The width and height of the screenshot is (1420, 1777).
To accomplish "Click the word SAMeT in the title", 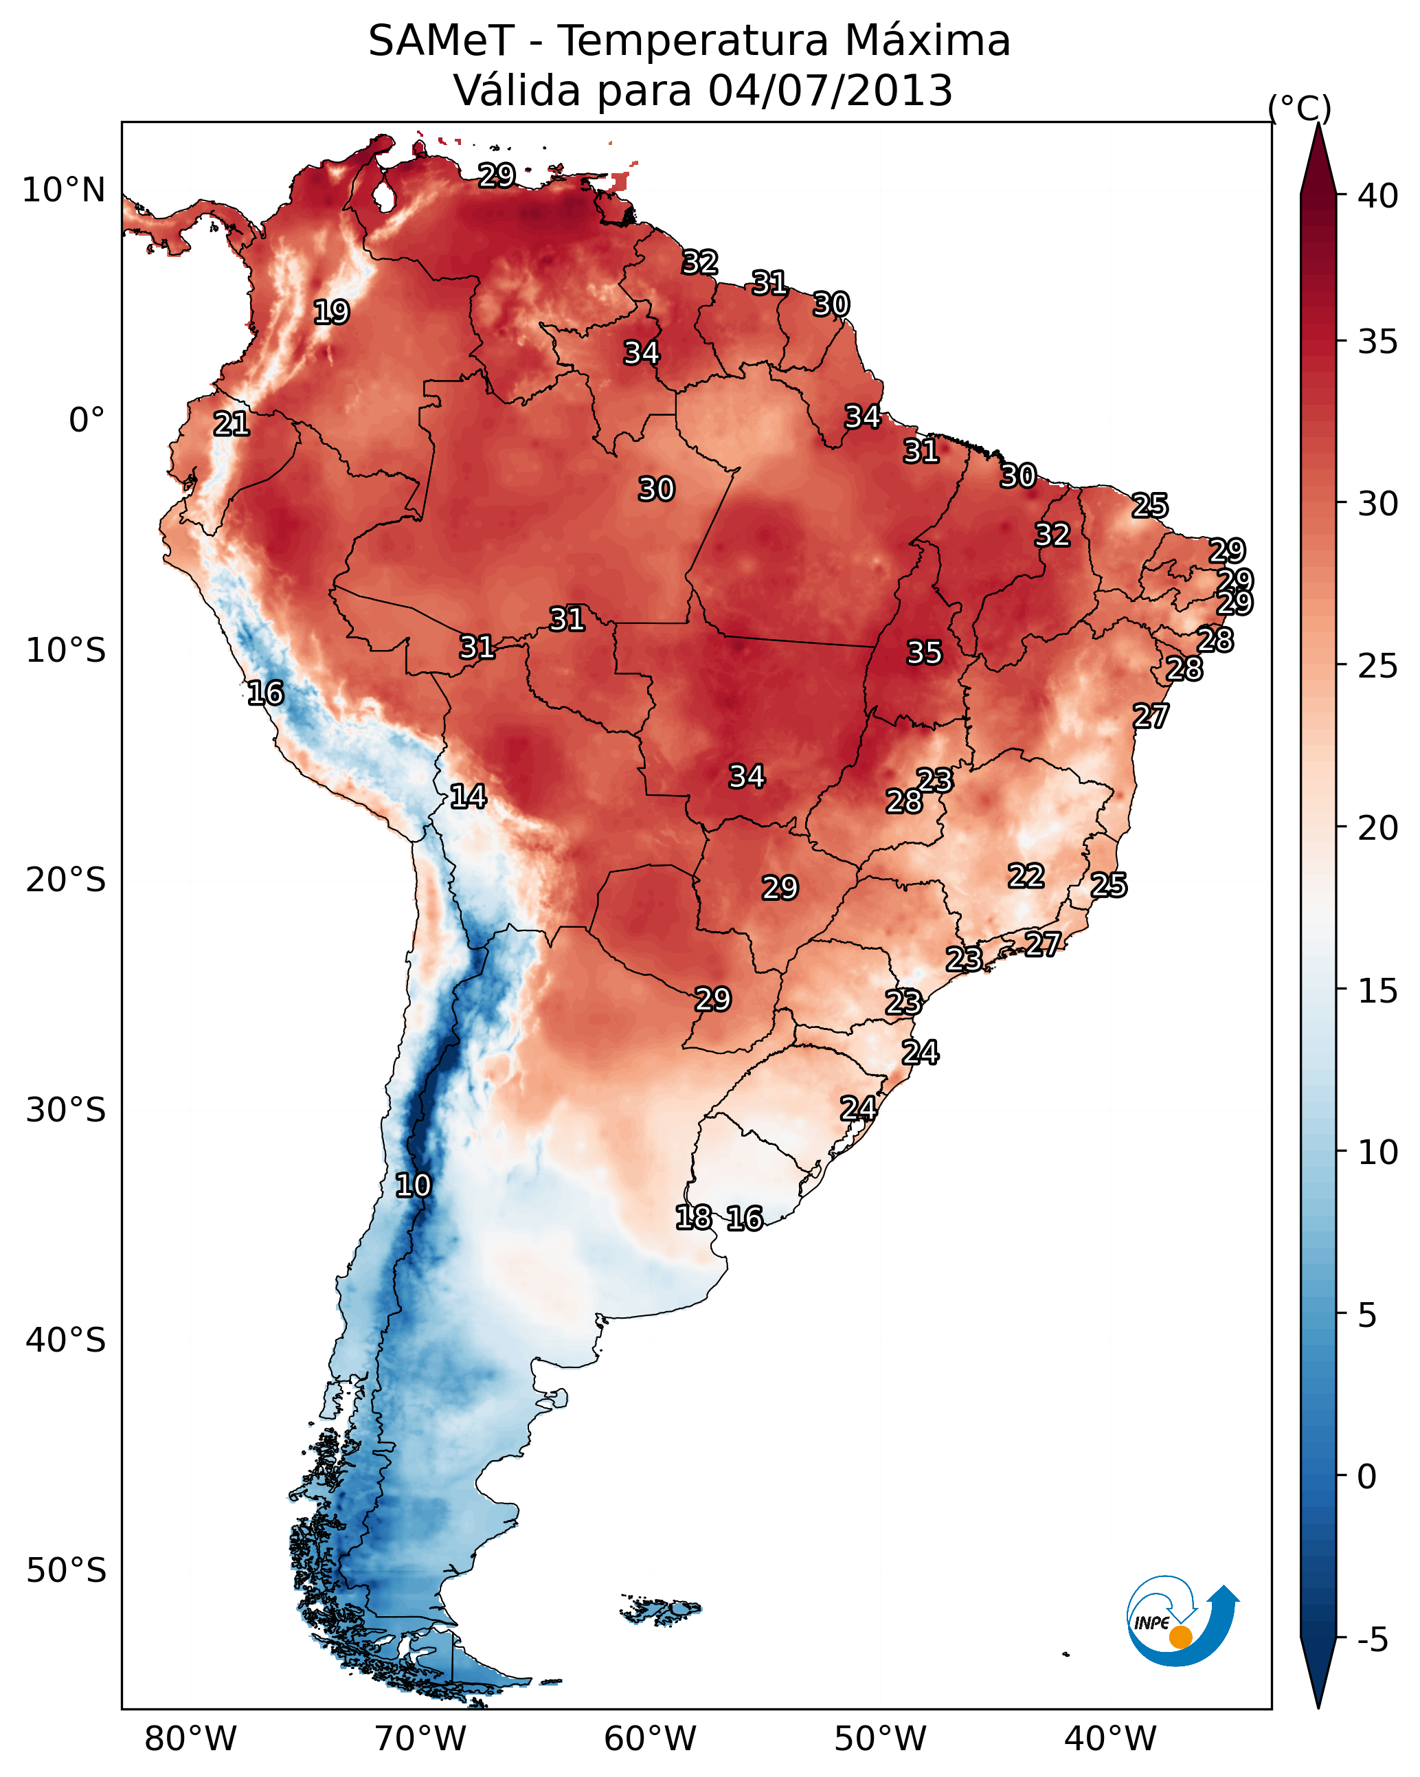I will tap(441, 41).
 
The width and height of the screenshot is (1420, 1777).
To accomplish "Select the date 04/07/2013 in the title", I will tap(830, 91).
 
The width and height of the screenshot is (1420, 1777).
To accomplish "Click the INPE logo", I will tap(1182, 1622).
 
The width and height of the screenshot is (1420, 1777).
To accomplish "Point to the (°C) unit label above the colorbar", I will tap(1299, 108).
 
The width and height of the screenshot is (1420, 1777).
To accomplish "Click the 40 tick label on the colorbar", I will tap(1378, 196).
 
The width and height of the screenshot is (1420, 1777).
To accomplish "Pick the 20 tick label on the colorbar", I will tap(1378, 827).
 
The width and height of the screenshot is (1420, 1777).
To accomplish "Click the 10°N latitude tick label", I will tap(63, 190).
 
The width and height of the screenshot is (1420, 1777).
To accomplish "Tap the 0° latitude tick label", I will tap(87, 421).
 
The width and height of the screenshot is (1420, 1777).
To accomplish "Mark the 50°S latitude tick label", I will tap(66, 1571).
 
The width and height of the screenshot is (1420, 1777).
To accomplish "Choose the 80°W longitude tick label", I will tap(190, 1739).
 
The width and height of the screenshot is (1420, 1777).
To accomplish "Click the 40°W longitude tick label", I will tap(1110, 1739).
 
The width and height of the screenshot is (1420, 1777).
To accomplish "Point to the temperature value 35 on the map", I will tap(924, 653).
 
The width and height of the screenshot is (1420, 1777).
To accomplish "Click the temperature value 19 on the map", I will tap(331, 313).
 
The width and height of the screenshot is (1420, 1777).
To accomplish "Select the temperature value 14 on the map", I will tap(468, 796).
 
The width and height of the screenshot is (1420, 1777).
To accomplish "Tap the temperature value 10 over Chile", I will tap(413, 1185).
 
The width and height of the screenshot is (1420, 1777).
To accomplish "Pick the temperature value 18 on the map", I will tap(693, 1218).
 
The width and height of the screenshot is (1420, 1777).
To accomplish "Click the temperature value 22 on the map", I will tap(1026, 875).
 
